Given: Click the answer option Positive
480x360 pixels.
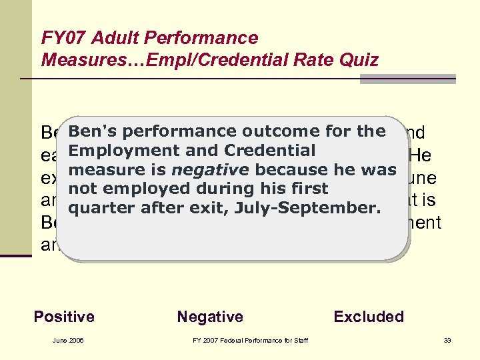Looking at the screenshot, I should click(x=64, y=317).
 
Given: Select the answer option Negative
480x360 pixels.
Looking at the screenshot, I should click(x=210, y=317).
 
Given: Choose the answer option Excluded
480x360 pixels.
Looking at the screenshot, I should click(x=369, y=317).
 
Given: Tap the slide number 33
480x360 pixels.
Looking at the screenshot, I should click(x=447, y=341).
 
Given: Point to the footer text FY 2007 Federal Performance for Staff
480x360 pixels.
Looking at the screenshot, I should click(x=251, y=341).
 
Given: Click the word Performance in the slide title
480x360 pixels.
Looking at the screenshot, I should click(x=200, y=39).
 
